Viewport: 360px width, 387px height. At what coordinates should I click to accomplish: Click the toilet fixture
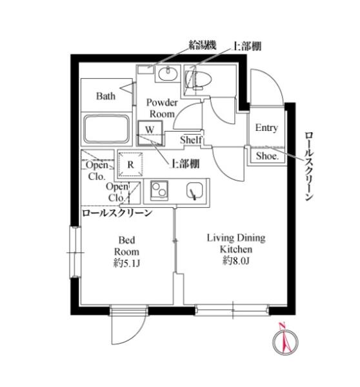tap(198, 80)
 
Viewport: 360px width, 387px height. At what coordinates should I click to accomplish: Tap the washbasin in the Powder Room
tap(168, 74)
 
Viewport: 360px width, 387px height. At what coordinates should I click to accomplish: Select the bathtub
tap(106, 130)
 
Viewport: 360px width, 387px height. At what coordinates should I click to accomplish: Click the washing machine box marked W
tap(150, 133)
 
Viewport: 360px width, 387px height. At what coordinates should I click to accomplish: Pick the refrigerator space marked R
tap(130, 164)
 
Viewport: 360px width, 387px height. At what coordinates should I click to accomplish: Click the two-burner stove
tap(159, 190)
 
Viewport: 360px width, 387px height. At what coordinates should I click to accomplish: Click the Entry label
tap(266, 128)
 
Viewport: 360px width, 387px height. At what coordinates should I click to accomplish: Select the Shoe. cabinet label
tap(267, 155)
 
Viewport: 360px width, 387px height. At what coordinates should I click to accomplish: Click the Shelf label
tap(191, 140)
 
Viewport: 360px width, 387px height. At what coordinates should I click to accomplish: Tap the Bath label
tap(106, 95)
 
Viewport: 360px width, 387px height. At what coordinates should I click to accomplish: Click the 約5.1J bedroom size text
tap(126, 264)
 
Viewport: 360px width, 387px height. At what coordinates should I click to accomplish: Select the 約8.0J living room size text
tap(235, 261)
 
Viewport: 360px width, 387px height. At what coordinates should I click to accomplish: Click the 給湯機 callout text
tap(203, 45)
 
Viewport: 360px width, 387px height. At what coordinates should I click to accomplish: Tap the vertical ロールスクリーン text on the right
tap(309, 166)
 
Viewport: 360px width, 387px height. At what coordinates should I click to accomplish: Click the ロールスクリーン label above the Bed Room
tap(117, 213)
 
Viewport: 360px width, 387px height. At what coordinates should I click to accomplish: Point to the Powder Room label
tap(162, 108)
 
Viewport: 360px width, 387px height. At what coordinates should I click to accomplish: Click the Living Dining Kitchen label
tap(236, 244)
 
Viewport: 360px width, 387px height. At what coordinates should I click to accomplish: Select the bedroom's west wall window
tap(75, 252)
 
